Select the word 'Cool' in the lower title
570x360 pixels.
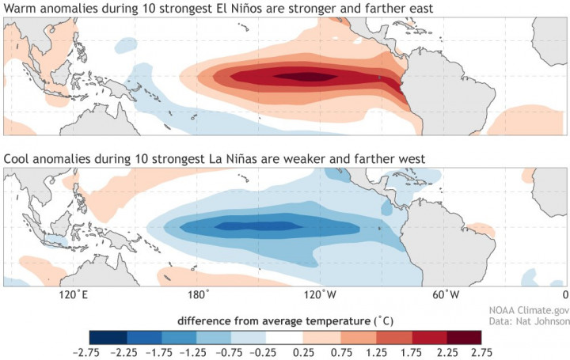coord(18,159)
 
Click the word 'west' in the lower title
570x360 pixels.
coord(410,159)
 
